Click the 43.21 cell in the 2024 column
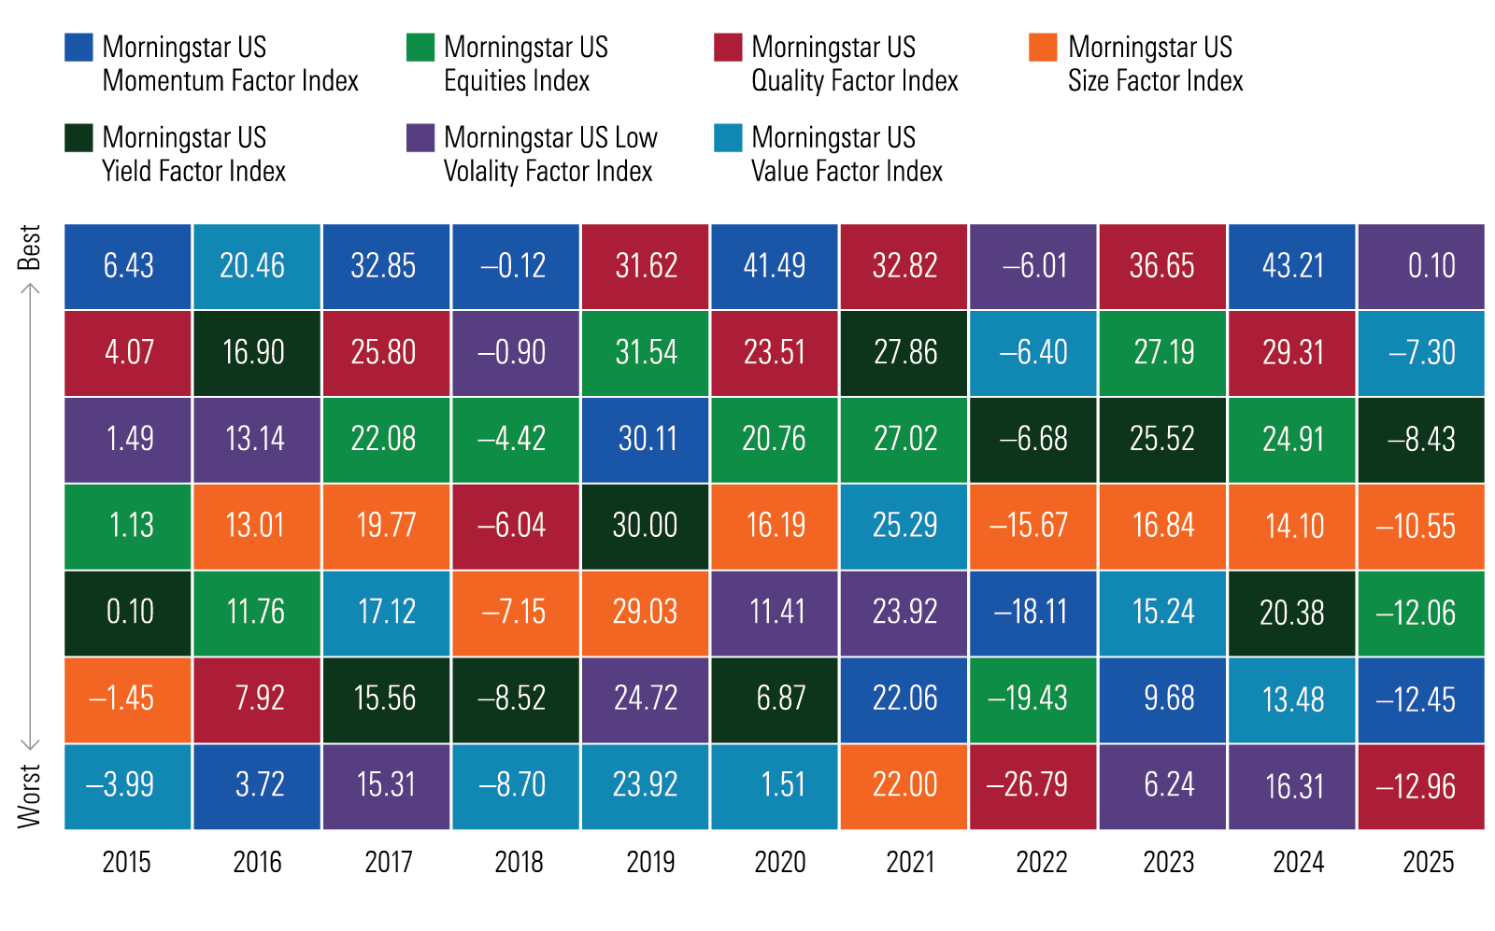pyautogui.click(x=1292, y=266)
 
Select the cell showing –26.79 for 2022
pyautogui.click(x=1032, y=785)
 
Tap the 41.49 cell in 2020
pyautogui.click(x=774, y=266)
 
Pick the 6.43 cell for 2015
pyautogui.click(x=128, y=266)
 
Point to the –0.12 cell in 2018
pyautogui.click(x=515, y=266)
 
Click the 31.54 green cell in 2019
pyautogui.click(x=645, y=353)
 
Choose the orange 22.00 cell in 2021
pyautogui.click(x=904, y=785)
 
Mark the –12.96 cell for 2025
pyautogui.click(x=1420, y=785)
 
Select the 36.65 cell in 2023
pyautogui.click(x=1162, y=266)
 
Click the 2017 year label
pyautogui.click(x=388, y=861)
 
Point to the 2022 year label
pyautogui.click(x=1041, y=861)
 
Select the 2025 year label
pyautogui.click(x=1428, y=861)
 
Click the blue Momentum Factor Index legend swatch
pyautogui.click(x=78, y=48)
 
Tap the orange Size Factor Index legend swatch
pyautogui.click(x=1043, y=48)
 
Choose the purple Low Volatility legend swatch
pyautogui.click(x=420, y=138)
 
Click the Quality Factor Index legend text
pyautogui.click(x=854, y=63)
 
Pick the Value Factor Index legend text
pyautogui.click(x=847, y=154)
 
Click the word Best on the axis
pyautogui.click(x=30, y=247)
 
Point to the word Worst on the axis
pyautogui.click(x=30, y=796)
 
